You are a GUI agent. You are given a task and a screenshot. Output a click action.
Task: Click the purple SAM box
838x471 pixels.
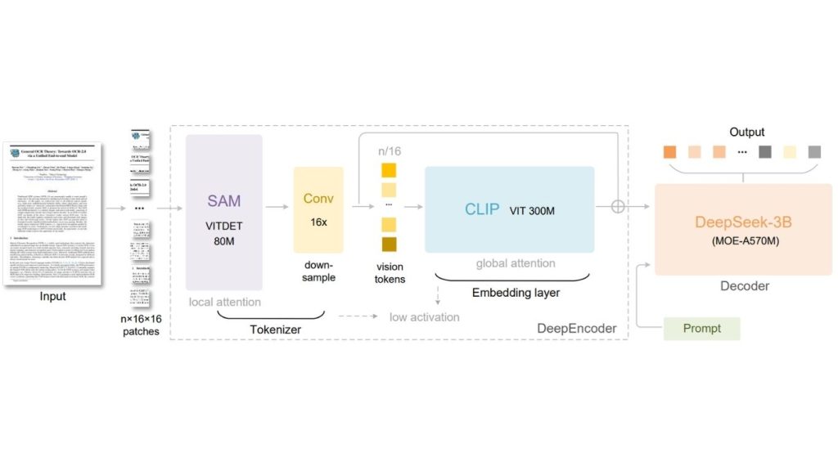pyautogui.click(x=223, y=212)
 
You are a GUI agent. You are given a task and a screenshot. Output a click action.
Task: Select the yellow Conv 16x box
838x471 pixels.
pyautogui.click(x=318, y=209)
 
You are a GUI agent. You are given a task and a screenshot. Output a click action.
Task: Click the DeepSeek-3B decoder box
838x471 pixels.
pyautogui.click(x=743, y=228)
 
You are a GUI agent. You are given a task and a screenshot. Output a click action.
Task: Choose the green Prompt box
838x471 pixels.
pyautogui.click(x=701, y=328)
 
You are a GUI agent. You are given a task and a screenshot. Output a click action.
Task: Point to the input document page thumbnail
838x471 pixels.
pyautogui.click(x=53, y=212)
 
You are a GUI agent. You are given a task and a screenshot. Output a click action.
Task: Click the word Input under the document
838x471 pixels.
pyautogui.click(x=53, y=296)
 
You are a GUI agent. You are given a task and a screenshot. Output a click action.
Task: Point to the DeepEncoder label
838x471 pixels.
pyautogui.click(x=577, y=328)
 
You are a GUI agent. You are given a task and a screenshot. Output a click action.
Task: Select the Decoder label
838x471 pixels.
pyautogui.click(x=743, y=285)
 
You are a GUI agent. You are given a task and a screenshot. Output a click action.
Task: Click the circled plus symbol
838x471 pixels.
pyautogui.click(x=618, y=206)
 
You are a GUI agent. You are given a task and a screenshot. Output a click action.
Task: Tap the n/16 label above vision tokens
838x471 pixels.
pyautogui.click(x=390, y=150)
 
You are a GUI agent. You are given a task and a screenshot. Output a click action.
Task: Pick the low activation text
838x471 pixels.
pyautogui.click(x=424, y=316)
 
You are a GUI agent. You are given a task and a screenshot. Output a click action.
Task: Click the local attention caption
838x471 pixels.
pyautogui.click(x=224, y=302)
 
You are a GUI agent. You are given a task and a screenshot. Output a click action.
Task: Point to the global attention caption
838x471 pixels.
pyautogui.click(x=516, y=263)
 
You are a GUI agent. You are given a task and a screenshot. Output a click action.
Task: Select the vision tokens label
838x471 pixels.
pyautogui.click(x=390, y=273)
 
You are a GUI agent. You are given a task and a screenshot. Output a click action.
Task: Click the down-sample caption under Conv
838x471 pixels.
pyautogui.click(x=318, y=271)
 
